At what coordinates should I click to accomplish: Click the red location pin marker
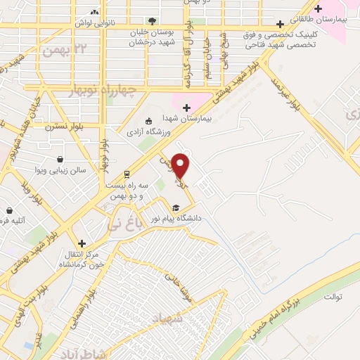click(181, 166)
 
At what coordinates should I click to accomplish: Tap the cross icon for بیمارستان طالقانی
click(319, 9)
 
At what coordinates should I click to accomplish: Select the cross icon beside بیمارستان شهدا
click(186, 108)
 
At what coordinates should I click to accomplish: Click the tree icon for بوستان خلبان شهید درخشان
click(153, 21)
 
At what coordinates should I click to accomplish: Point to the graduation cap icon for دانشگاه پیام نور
click(176, 207)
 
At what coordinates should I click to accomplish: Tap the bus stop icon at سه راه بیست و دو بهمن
click(127, 173)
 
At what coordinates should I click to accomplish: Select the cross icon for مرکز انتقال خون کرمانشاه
click(82, 243)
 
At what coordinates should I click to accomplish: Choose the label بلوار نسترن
click(65, 127)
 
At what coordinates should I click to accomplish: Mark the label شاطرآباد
click(83, 352)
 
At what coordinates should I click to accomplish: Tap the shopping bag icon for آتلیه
click(10, 210)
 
